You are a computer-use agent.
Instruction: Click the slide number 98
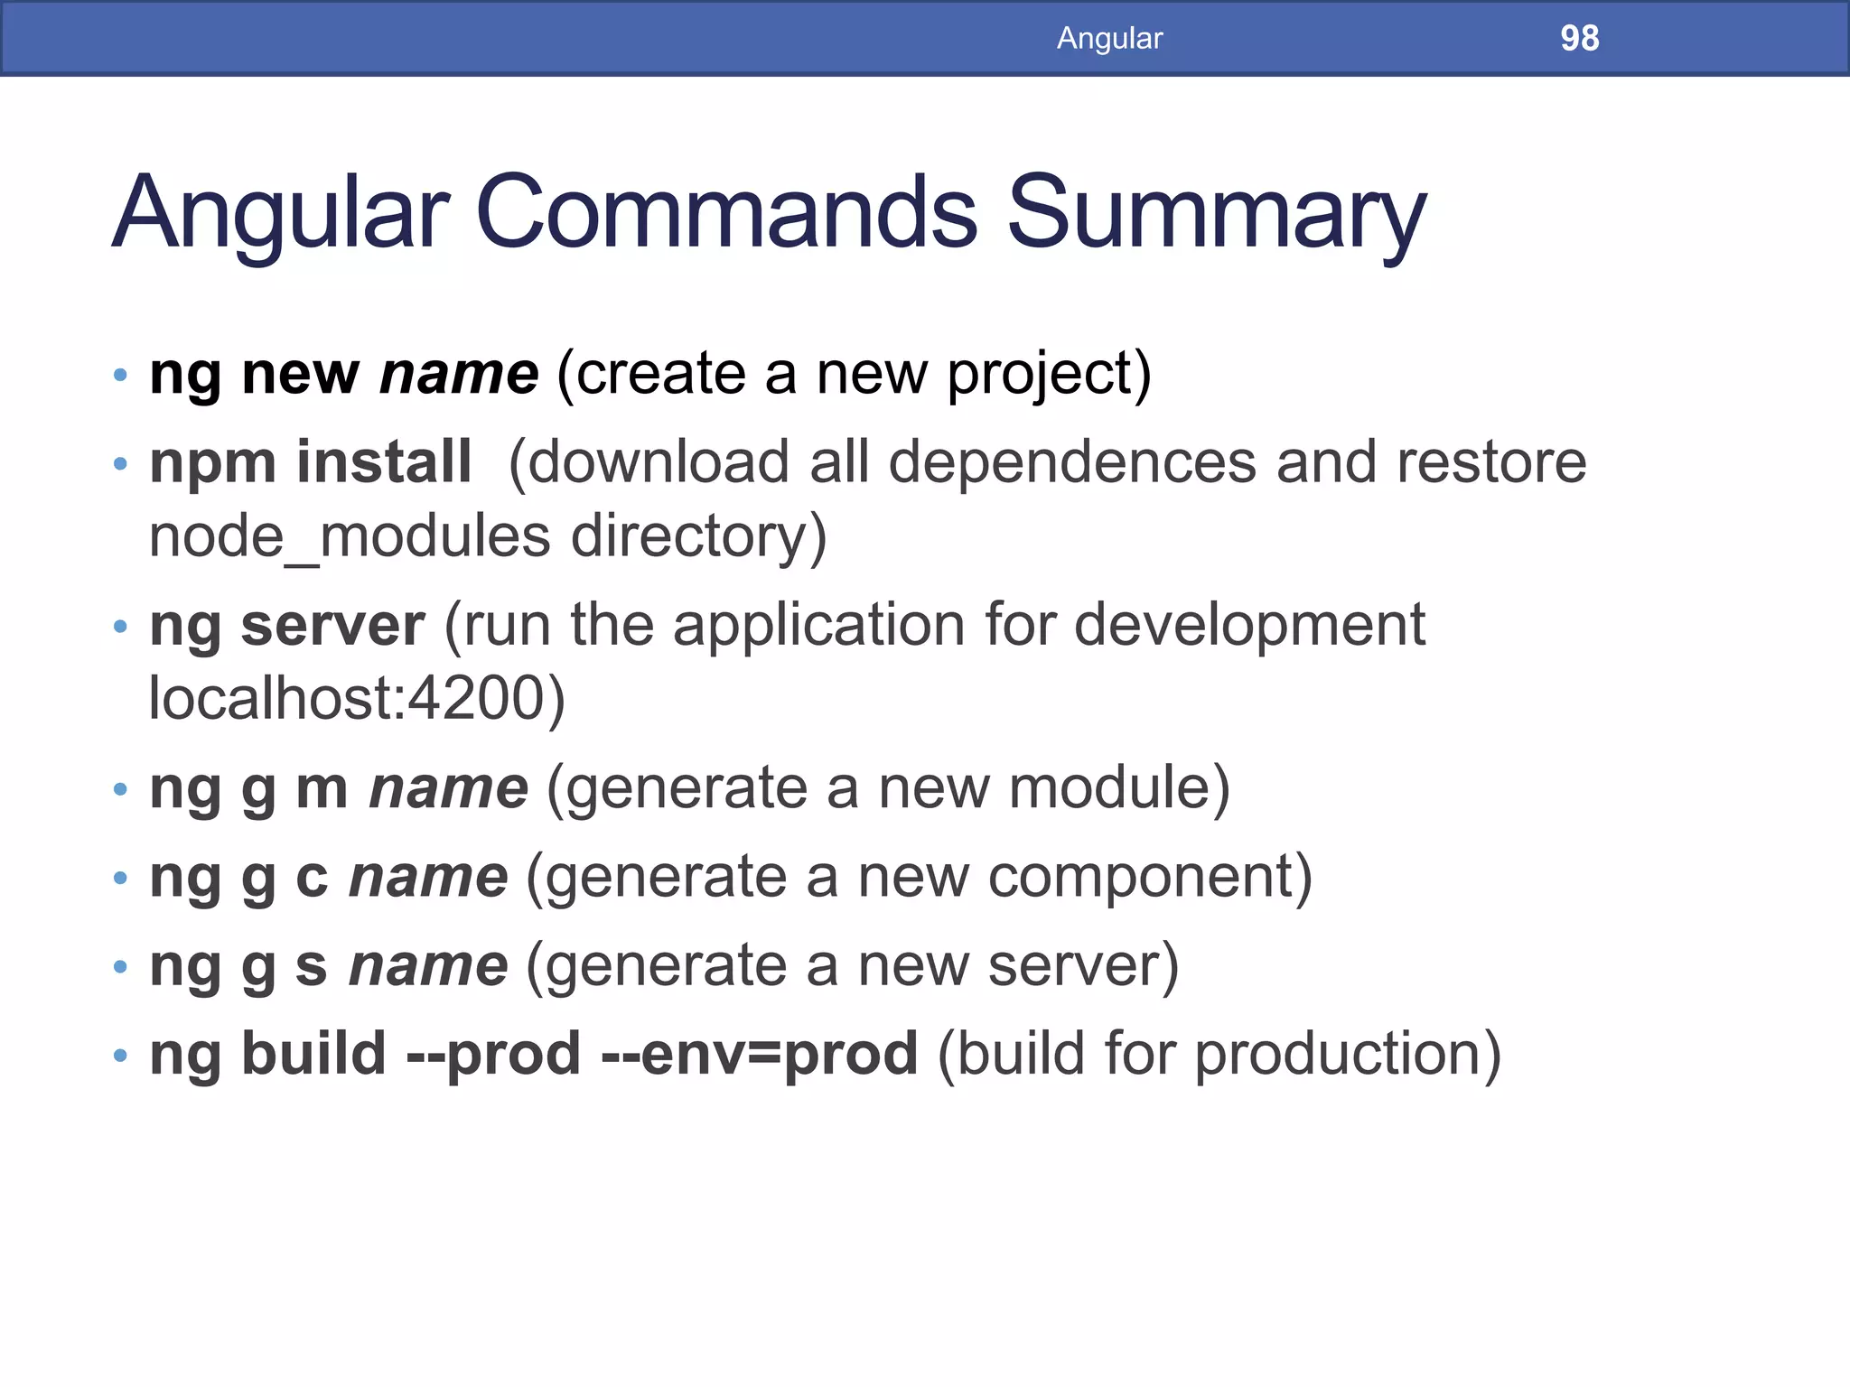(1579, 38)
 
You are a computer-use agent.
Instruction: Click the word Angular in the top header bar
(1109, 38)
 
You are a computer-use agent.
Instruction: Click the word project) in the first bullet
(1049, 375)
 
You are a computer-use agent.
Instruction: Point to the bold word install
(383, 461)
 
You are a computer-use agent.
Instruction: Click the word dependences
(1072, 462)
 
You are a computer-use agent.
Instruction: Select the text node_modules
(350, 536)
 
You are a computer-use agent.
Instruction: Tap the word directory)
(698, 536)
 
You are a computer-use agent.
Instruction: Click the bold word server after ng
(332, 625)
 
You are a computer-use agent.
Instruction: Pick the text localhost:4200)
(357, 698)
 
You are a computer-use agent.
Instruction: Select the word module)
(1119, 787)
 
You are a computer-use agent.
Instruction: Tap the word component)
(1150, 878)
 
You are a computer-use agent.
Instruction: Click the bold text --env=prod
(759, 1054)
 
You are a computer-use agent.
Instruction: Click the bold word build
(313, 1054)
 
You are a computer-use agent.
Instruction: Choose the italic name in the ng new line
(459, 374)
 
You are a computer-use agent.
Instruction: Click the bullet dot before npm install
(120, 464)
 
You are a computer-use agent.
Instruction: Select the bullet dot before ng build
(120, 1056)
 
